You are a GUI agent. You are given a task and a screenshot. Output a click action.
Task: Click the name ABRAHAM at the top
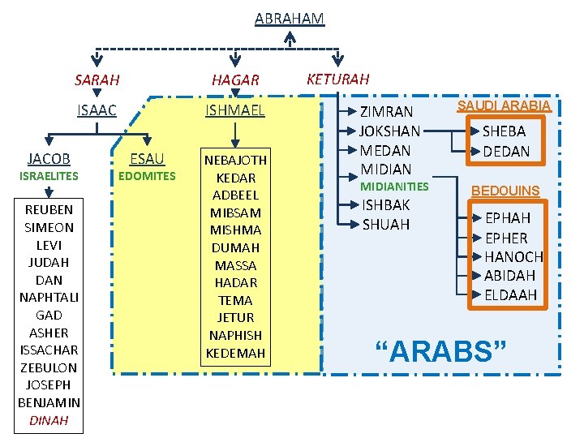click(289, 18)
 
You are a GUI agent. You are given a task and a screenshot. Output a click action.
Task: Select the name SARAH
click(97, 79)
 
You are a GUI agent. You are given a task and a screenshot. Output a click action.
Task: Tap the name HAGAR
click(235, 79)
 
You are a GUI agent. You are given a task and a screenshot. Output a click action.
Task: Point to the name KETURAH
click(337, 79)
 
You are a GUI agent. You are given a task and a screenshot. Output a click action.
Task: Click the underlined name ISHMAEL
click(235, 110)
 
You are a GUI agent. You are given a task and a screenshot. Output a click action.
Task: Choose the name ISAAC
click(97, 110)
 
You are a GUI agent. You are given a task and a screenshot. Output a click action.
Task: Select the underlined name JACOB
click(49, 158)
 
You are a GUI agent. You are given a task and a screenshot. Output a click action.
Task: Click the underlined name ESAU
click(147, 158)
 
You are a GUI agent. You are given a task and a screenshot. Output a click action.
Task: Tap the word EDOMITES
click(147, 176)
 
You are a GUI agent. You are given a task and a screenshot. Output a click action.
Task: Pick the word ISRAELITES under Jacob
click(49, 176)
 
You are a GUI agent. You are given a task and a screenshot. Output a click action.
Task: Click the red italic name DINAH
click(49, 420)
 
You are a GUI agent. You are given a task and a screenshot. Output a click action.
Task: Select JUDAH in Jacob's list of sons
click(49, 262)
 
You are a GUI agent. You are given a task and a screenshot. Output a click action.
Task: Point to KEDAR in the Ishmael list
click(235, 178)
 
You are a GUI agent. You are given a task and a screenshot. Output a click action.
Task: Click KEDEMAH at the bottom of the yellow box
click(235, 353)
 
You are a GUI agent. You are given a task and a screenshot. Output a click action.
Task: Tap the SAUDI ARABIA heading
click(504, 105)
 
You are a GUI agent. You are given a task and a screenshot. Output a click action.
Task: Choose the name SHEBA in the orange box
click(505, 131)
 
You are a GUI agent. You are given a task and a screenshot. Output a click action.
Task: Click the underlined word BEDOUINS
click(505, 191)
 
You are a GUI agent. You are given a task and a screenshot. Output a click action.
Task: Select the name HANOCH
click(513, 256)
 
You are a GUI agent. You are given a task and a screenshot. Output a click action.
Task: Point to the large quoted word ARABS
click(441, 351)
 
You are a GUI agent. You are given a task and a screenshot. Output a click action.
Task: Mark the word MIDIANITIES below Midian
click(394, 187)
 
